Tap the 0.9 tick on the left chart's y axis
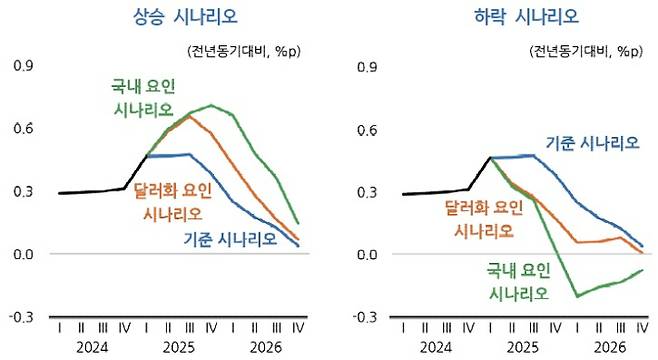coord(22,66)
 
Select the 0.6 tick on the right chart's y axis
coord(366,129)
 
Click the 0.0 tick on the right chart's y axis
coord(366,255)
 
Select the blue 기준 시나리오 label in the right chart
coord(592,143)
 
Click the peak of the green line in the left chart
coord(211,105)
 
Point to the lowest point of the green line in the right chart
coord(577,296)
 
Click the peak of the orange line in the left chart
coord(189,117)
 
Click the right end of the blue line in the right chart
coord(641,246)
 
